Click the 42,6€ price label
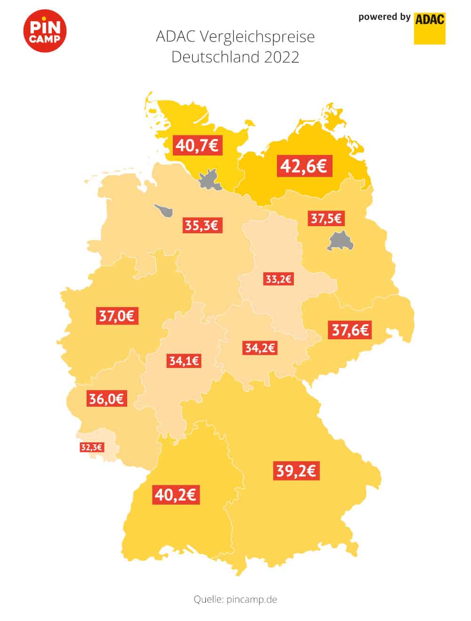[304, 166]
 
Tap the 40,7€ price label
[197, 145]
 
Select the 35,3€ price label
[203, 225]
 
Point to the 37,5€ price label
[326, 219]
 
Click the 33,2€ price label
[279, 279]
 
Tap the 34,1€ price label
[184, 361]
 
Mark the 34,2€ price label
[260, 348]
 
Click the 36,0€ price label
[106, 399]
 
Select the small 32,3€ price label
[91, 447]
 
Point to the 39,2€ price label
[296, 471]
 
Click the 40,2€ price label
[176, 495]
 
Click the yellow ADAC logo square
[430, 28]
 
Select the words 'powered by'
[384, 17]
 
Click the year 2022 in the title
[282, 57]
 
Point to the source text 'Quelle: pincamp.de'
[235, 599]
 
